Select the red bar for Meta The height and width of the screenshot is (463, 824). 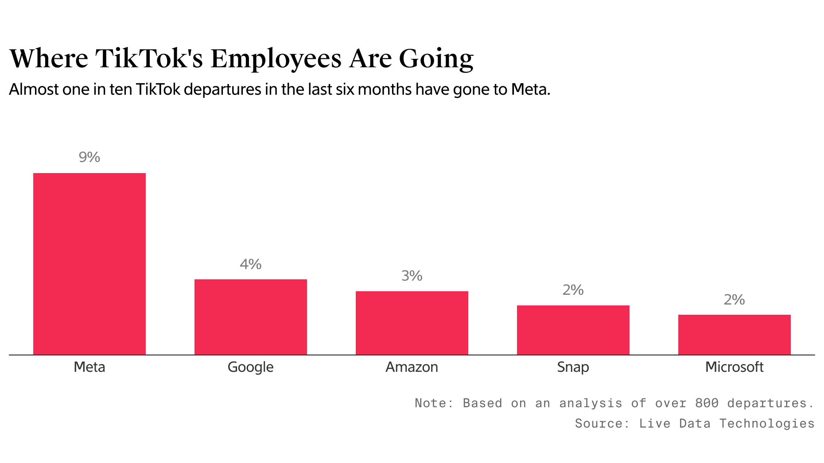click(89, 264)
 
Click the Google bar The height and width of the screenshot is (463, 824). click(251, 317)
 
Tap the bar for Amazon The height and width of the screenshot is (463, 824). click(412, 323)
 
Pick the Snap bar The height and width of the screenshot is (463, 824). click(573, 330)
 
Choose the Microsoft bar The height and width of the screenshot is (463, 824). click(735, 335)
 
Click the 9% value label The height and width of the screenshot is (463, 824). click(89, 157)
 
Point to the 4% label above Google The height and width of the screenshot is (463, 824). click(251, 264)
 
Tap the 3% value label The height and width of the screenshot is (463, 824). click(412, 276)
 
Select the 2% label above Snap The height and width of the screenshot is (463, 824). click(573, 290)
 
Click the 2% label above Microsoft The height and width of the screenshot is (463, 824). click(735, 300)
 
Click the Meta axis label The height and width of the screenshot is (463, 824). click(89, 367)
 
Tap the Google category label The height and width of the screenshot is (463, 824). click(251, 367)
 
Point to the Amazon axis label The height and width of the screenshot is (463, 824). click(412, 367)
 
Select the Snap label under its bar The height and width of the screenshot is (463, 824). click(573, 367)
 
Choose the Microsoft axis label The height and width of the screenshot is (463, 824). click(735, 367)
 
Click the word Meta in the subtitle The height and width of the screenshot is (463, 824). click(530, 90)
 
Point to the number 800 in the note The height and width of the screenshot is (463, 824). click(707, 403)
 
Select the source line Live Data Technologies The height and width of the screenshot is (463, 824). click(727, 424)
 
